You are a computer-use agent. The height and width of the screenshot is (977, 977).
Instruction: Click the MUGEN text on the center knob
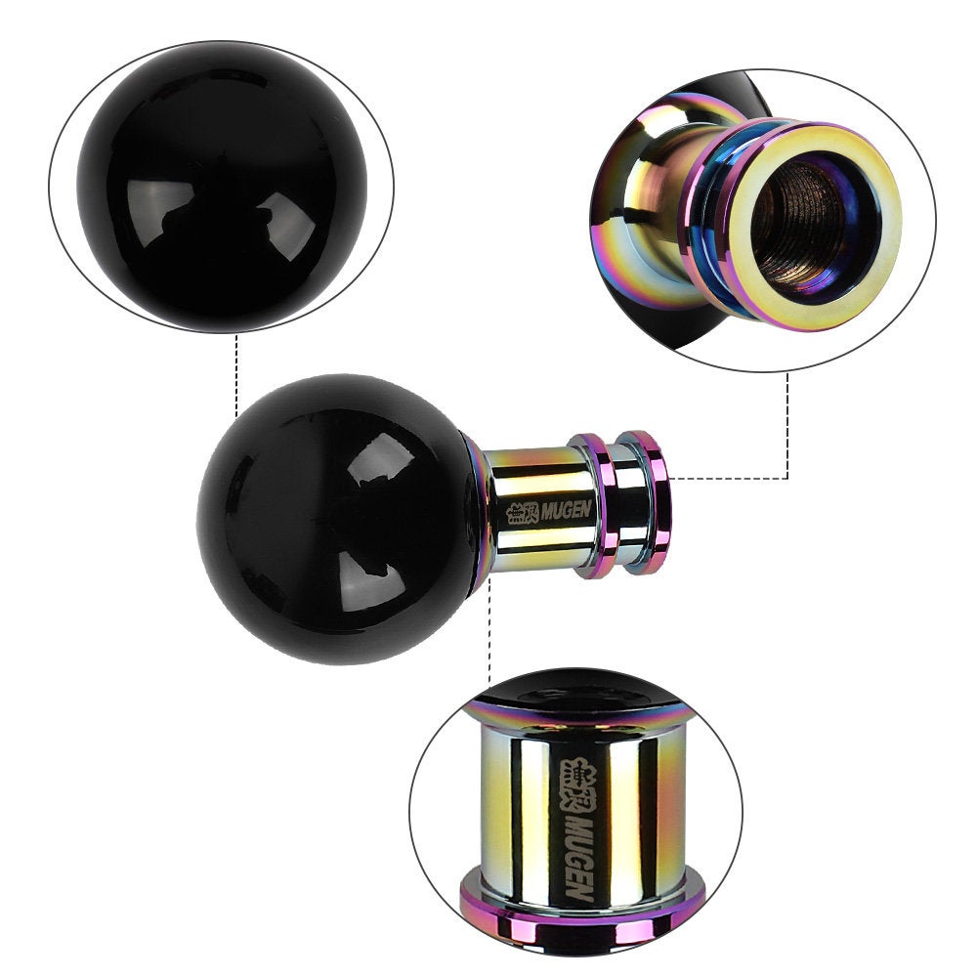click(566, 510)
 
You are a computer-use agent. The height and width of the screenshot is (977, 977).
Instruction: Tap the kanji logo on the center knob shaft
click(522, 513)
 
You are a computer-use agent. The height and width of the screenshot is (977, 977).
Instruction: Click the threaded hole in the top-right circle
click(805, 224)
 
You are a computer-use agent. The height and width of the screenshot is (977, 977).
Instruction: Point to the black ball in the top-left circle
click(222, 187)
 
